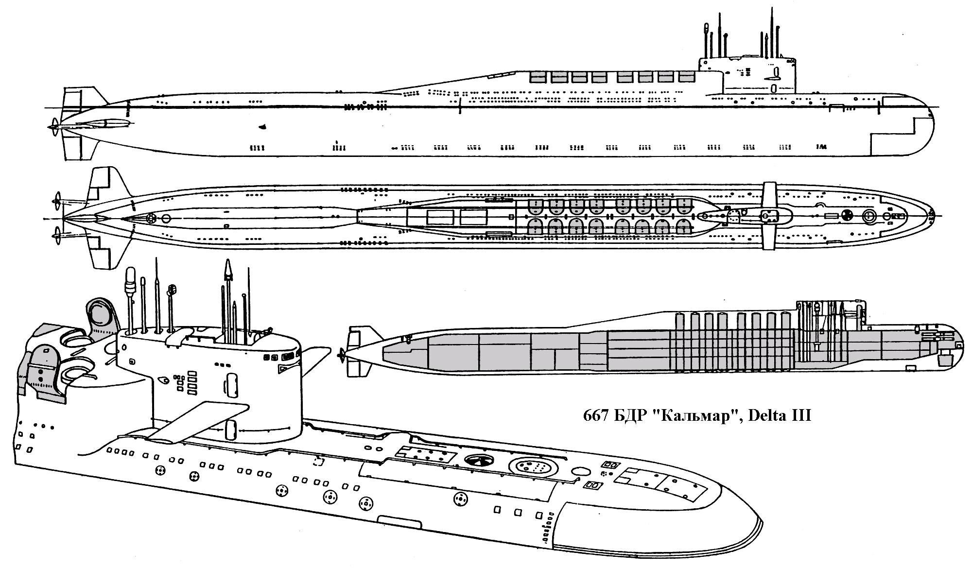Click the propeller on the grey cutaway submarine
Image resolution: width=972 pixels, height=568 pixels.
pyautogui.click(x=343, y=355)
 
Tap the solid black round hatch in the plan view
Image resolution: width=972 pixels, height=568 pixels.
pyautogui.click(x=846, y=214)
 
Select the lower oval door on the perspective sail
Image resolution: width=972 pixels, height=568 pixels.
pyautogui.click(x=231, y=429)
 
